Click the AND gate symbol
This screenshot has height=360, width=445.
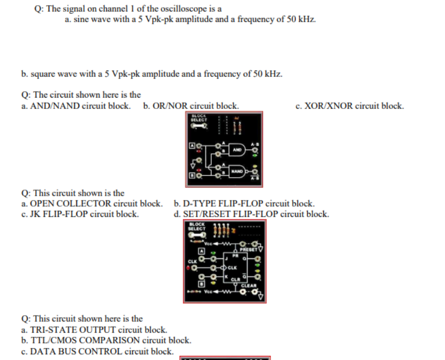pos(237,150)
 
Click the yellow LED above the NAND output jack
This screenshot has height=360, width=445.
pos(254,163)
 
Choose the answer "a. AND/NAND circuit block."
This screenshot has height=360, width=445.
pos(75,106)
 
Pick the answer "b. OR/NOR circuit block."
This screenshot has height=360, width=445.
pos(190,106)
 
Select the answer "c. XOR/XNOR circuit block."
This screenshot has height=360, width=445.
pos(349,106)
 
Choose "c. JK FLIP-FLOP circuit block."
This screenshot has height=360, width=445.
pos(80,214)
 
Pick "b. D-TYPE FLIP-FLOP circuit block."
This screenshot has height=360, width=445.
pos(244,204)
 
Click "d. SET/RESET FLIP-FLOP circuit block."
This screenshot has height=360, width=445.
pos(251,214)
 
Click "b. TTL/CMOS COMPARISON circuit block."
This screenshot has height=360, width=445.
pos(106,340)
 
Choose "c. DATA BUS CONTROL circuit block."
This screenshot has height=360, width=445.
pos(97,351)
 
